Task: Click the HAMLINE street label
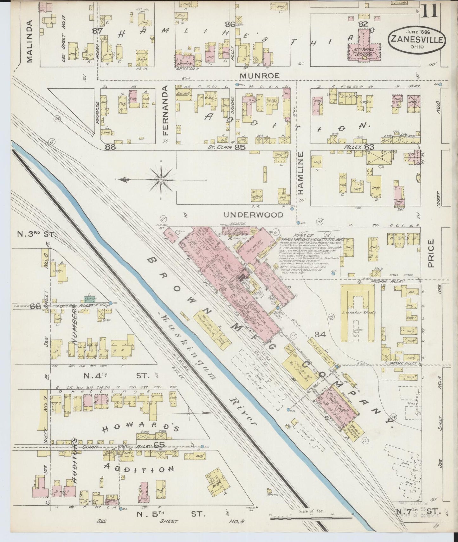point(301,173)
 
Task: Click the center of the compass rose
point(161,179)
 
